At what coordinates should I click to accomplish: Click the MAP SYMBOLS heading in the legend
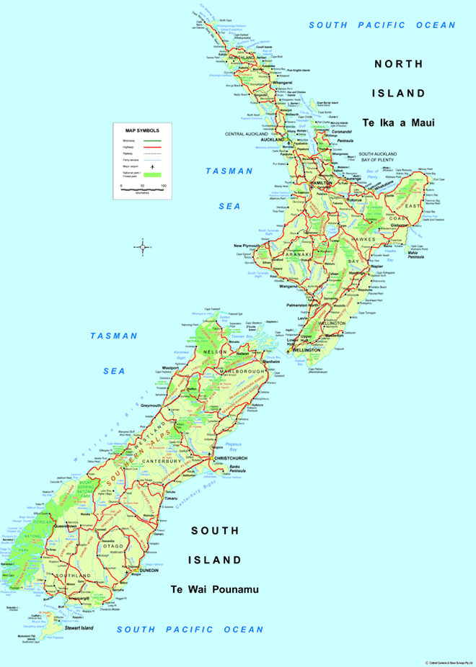pyautogui.click(x=143, y=130)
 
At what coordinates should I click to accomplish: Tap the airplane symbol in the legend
pyautogui.click(x=153, y=166)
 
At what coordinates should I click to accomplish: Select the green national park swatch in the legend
pyautogui.click(x=153, y=175)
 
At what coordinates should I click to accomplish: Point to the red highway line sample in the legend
pyautogui.click(x=153, y=147)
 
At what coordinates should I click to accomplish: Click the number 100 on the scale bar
pyautogui.click(x=164, y=186)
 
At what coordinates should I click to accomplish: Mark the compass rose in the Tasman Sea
pyautogui.click(x=142, y=248)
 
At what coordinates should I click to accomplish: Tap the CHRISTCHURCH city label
pyautogui.click(x=231, y=457)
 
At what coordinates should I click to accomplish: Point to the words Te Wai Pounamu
pyautogui.click(x=214, y=589)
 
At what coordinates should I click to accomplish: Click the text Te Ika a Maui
pyautogui.click(x=399, y=122)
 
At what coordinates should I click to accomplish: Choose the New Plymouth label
pyautogui.click(x=247, y=246)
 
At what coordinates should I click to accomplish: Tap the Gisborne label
pyautogui.click(x=400, y=225)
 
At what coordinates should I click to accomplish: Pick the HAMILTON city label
pyautogui.click(x=320, y=184)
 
